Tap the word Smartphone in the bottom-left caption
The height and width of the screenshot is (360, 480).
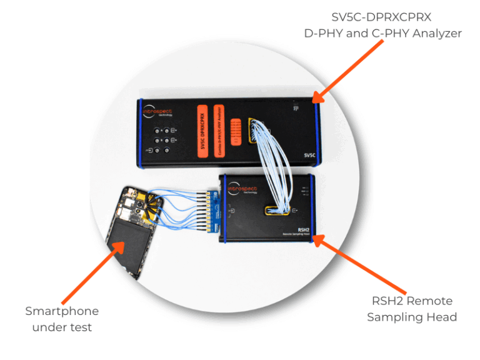pyautogui.click(x=62, y=311)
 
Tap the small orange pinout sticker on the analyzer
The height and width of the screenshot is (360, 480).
pyautogui.click(x=236, y=132)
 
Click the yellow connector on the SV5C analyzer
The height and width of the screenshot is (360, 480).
pyautogui.click(x=252, y=131)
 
